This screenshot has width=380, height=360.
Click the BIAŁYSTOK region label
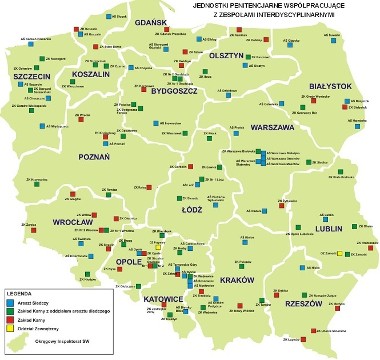pyautogui.click(x=326, y=85)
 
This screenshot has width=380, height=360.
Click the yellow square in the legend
pyautogui.click(x=9, y=329)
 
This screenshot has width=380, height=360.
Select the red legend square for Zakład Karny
pyautogui.click(x=9, y=320)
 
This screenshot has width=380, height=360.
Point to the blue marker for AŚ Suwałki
pyautogui.click(x=326, y=41)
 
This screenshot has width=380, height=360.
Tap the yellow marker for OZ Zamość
pyautogui.click(x=339, y=253)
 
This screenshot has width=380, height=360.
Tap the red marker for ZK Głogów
pyautogui.click(x=72, y=194)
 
